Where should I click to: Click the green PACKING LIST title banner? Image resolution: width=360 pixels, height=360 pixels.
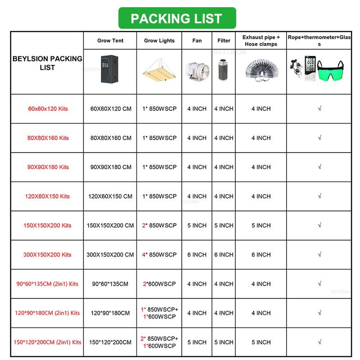pyautogui.click(x=176, y=18)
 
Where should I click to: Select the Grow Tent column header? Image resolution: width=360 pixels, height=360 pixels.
pyautogui.click(x=110, y=40)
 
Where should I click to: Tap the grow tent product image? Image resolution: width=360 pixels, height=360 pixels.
pyautogui.click(x=110, y=68)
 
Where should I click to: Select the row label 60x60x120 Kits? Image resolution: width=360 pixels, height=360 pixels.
pyautogui.click(x=48, y=109)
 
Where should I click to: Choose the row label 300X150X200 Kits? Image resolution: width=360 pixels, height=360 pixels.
pyautogui.click(x=47, y=255)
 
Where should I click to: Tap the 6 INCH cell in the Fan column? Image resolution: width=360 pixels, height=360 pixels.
pyautogui.click(x=197, y=255)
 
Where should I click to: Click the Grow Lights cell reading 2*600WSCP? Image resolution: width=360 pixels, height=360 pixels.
pyautogui.click(x=159, y=284)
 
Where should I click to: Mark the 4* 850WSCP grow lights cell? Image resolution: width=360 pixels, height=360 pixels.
pyautogui.click(x=159, y=255)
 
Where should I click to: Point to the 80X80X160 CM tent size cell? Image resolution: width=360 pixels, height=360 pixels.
pyautogui.click(x=111, y=138)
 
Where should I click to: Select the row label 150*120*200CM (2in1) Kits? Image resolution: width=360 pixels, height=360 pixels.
pyautogui.click(x=48, y=342)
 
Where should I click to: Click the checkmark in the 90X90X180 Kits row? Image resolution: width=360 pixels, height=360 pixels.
pyautogui.click(x=319, y=167)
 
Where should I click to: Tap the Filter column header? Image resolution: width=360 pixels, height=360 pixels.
pyautogui.click(x=224, y=40)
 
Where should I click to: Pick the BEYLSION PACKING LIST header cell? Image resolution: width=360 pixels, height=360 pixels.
pyautogui.click(x=47, y=63)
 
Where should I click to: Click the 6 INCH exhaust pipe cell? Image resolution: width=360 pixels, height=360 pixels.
pyautogui.click(x=261, y=255)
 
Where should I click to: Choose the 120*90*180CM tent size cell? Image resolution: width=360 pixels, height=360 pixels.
pyautogui.click(x=110, y=313)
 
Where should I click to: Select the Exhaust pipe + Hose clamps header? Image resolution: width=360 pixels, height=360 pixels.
pyautogui.click(x=261, y=40)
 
